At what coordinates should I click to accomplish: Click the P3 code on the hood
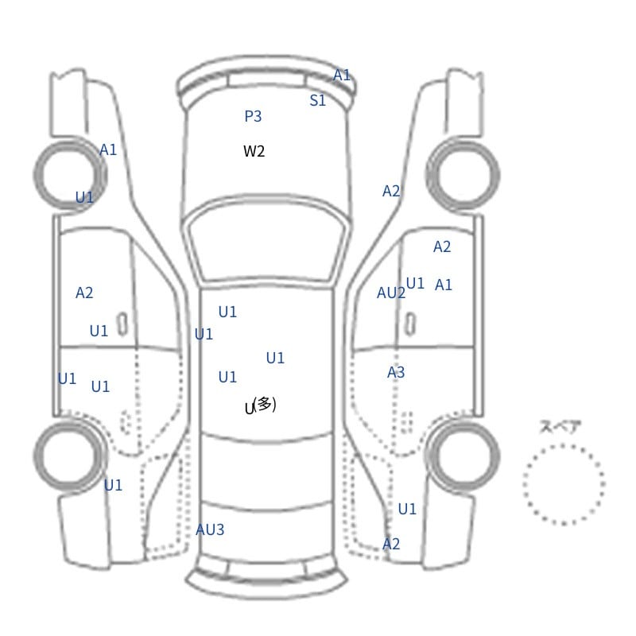tap(253, 116)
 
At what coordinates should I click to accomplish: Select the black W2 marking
tap(254, 151)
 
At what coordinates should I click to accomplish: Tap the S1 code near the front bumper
tap(317, 100)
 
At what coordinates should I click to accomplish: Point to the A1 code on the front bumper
tap(342, 75)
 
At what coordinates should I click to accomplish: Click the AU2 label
tap(390, 293)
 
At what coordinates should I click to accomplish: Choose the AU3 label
tap(210, 529)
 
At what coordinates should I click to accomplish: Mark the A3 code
tap(395, 372)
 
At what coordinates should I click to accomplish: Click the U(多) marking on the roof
tap(261, 405)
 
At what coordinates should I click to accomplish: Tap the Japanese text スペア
tap(560, 427)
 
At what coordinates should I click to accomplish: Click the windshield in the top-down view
tap(266, 239)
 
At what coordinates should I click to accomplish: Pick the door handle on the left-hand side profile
tap(122, 324)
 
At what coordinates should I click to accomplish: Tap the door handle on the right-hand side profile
tap(410, 324)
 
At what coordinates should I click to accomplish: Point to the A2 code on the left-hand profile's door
tap(84, 293)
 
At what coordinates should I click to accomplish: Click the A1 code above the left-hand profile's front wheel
tap(108, 149)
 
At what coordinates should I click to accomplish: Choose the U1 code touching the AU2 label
tap(415, 283)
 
